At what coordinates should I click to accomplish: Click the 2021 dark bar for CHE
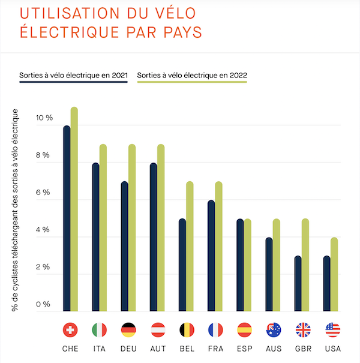coord(67,219)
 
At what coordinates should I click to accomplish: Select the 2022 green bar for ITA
coord(103,228)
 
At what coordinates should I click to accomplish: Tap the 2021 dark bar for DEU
coord(125,247)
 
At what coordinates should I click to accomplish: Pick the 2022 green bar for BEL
coord(190,247)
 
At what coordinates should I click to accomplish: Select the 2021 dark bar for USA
coord(327,284)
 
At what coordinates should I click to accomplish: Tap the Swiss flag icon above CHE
coord(70,330)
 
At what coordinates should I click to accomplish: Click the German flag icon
coord(128,330)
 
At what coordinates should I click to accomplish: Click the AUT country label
coord(157,349)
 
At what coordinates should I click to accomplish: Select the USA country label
coord(332,349)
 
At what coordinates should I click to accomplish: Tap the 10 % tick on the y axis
coord(45,118)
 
